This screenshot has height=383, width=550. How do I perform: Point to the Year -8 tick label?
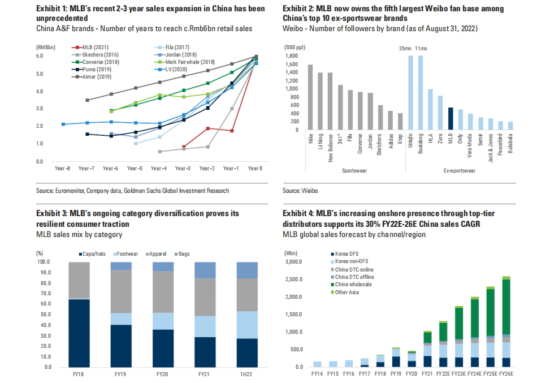(x=62, y=168)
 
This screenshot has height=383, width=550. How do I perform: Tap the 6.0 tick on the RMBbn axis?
(x=40, y=56)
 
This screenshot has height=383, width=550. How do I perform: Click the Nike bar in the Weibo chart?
(x=310, y=97)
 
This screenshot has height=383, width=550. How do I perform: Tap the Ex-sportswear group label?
(x=459, y=170)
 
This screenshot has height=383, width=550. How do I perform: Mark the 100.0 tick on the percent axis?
(x=43, y=262)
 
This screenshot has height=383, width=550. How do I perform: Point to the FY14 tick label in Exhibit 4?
(x=318, y=374)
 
